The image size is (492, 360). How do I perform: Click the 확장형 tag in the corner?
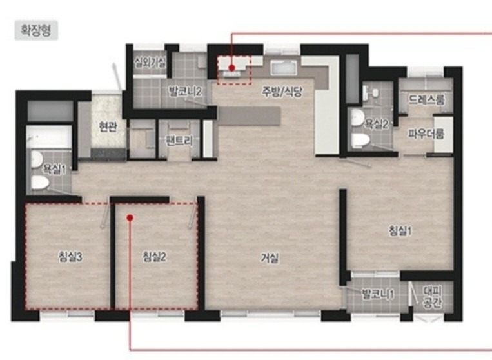[36, 30]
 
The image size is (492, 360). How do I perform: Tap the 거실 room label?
[270, 258]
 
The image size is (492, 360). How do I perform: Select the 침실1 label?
[400, 231]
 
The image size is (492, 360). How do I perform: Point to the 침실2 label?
[154, 257]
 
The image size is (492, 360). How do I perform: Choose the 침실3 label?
[70, 257]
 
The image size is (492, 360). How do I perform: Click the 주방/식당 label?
[282, 92]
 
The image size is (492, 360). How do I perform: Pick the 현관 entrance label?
[108, 127]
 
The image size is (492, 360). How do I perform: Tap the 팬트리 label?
[179, 141]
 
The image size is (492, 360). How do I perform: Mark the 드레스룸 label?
[426, 100]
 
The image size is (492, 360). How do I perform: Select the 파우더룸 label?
[426, 134]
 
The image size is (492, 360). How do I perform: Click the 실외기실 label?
[150, 63]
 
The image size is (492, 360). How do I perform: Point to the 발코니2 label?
[185, 92]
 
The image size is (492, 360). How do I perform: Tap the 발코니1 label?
[378, 295]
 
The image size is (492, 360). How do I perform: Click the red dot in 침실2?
[130, 217]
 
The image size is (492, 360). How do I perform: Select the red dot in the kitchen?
[232, 68]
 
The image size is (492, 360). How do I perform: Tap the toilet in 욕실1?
[40, 183]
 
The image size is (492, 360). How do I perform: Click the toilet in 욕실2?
[360, 140]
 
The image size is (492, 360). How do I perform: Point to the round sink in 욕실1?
[37, 159]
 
